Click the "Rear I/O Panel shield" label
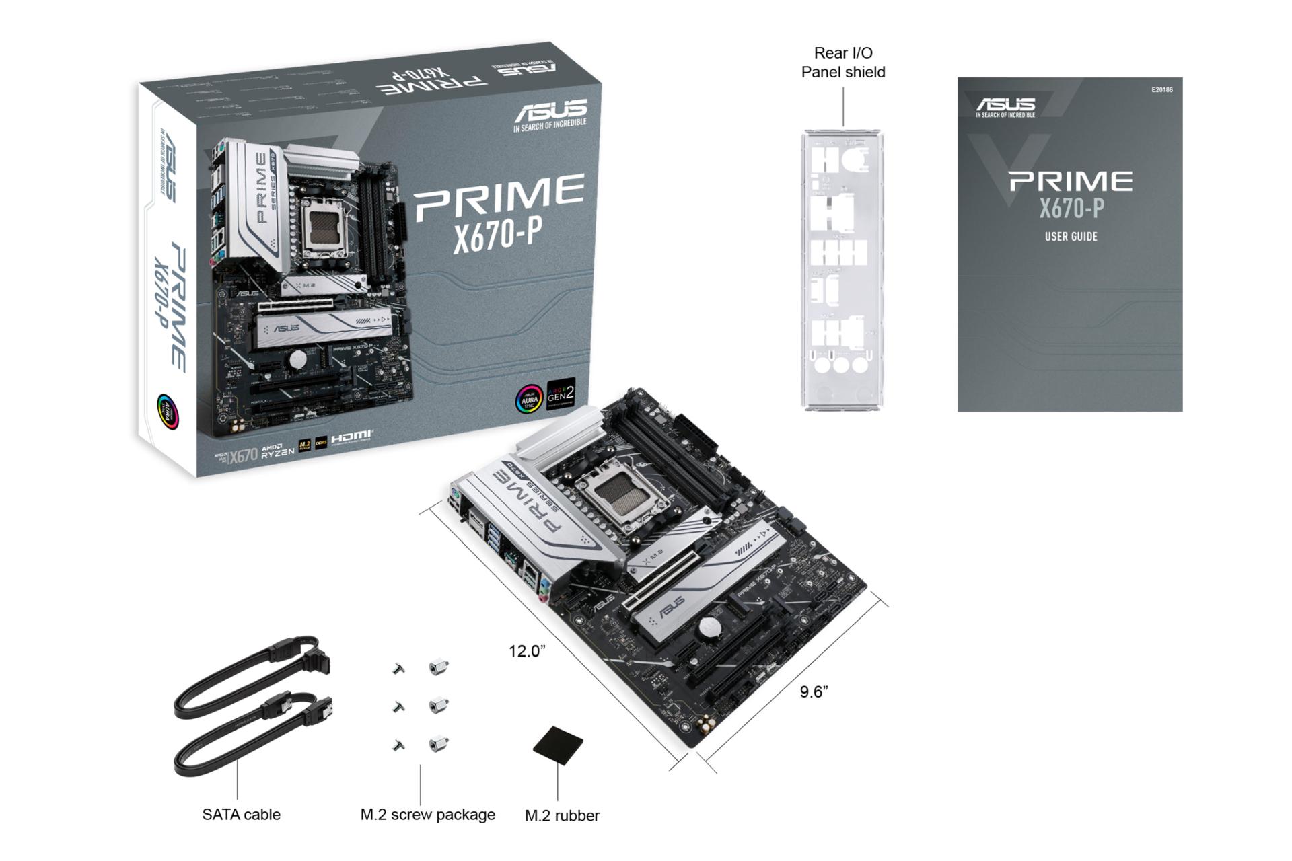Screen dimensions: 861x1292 [x=842, y=63]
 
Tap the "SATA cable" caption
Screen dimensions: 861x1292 [x=241, y=814]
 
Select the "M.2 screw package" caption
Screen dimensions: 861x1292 [x=427, y=814]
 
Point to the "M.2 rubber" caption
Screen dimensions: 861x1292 [x=562, y=815]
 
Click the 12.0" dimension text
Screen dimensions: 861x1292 [x=526, y=650]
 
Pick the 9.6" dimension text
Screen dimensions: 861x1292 [x=814, y=691]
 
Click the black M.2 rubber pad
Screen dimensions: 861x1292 [x=558, y=745]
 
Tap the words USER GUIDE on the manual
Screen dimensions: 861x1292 [x=1071, y=237]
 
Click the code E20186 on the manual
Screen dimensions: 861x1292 [x=1161, y=89]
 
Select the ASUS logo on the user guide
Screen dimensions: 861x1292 [x=1005, y=105]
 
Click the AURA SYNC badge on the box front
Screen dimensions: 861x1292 [x=529, y=399]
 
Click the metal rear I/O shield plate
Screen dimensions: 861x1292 [x=842, y=269]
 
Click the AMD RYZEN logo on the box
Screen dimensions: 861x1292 [x=277, y=451]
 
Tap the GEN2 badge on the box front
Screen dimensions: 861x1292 [x=561, y=394]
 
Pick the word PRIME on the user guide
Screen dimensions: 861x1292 [x=1070, y=182]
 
